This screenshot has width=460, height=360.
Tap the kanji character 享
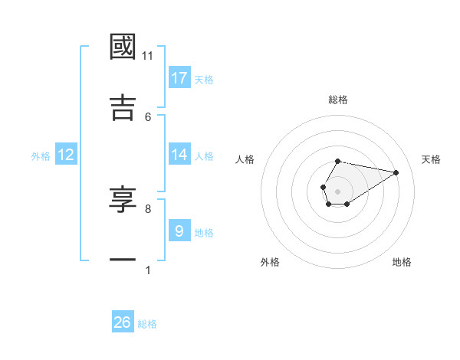point(123,199)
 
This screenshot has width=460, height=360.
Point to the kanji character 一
point(123,260)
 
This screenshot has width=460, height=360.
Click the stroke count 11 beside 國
point(148,56)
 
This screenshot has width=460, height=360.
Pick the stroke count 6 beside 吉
point(148,116)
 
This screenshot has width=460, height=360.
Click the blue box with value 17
point(179,77)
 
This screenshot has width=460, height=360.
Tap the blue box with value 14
point(179,155)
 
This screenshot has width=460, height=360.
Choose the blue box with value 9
point(179,231)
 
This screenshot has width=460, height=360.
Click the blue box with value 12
point(66,155)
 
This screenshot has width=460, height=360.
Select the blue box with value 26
point(123,322)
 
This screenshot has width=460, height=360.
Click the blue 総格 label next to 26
point(148,324)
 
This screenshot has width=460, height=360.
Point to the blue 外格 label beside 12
point(41,156)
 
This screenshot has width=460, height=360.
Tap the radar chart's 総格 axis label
point(338,100)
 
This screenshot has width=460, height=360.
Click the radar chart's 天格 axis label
point(432,159)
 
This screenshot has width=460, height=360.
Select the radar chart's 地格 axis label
point(402,262)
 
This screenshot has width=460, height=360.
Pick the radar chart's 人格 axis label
point(245,159)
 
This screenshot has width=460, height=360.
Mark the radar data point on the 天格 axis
point(396,172)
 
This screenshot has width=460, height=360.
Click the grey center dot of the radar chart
point(337,190)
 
